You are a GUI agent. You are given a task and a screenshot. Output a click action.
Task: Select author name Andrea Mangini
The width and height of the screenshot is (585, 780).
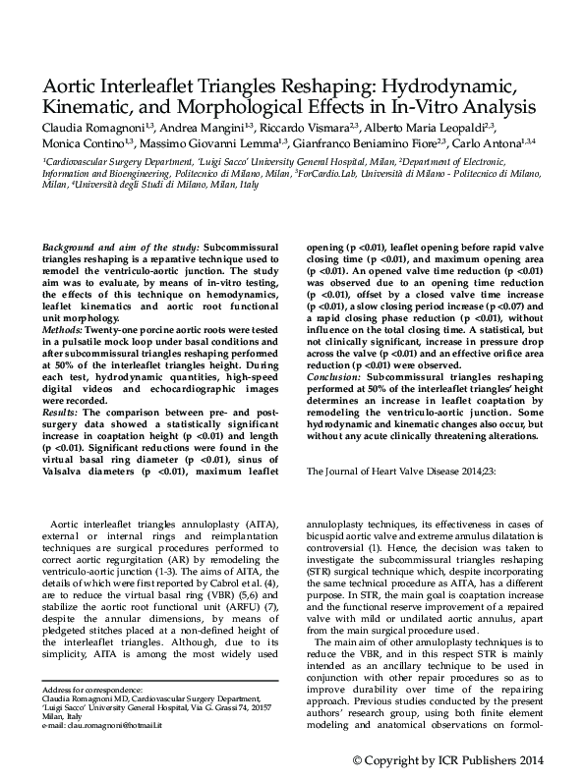tap(201, 127)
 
